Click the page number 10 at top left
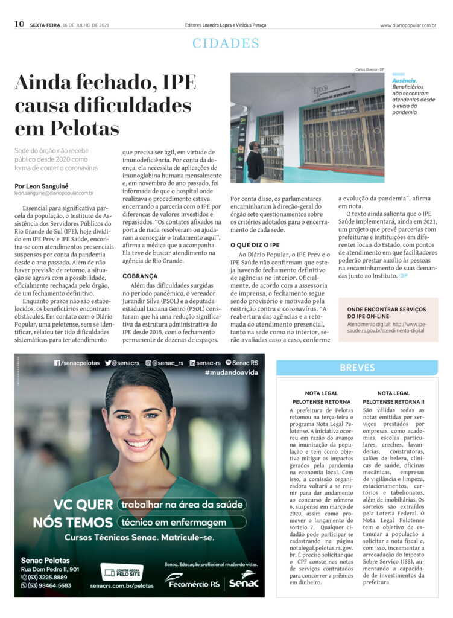[x=19, y=24]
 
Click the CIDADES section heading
[x=226, y=43]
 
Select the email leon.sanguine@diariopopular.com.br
[x=54, y=193]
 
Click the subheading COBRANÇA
[x=140, y=276]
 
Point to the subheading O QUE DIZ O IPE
[x=255, y=245]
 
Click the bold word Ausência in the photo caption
[x=404, y=80]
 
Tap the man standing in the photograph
[x=255, y=161]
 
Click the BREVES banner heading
[x=357, y=368]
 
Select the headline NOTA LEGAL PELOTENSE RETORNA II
[x=393, y=397]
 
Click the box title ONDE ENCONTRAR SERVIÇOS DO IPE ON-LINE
[x=387, y=313]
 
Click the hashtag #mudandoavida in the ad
[x=231, y=373]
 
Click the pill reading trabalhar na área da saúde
[x=182, y=505]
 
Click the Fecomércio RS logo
[x=193, y=581]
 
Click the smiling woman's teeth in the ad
[x=139, y=443]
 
